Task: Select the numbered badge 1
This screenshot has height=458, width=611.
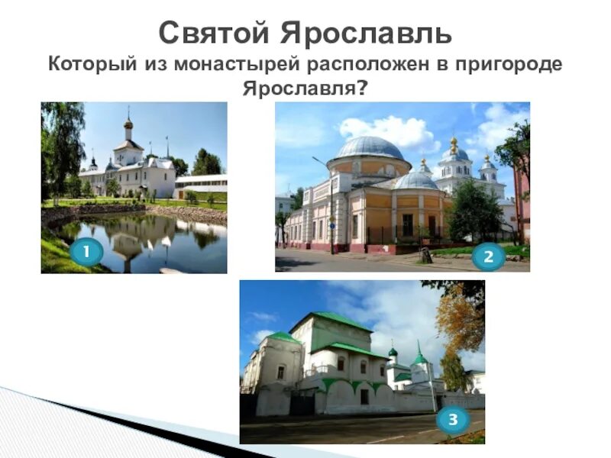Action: tap(86, 251)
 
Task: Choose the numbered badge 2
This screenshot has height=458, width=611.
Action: tap(488, 256)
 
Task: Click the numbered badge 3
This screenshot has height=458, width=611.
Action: tap(453, 418)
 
